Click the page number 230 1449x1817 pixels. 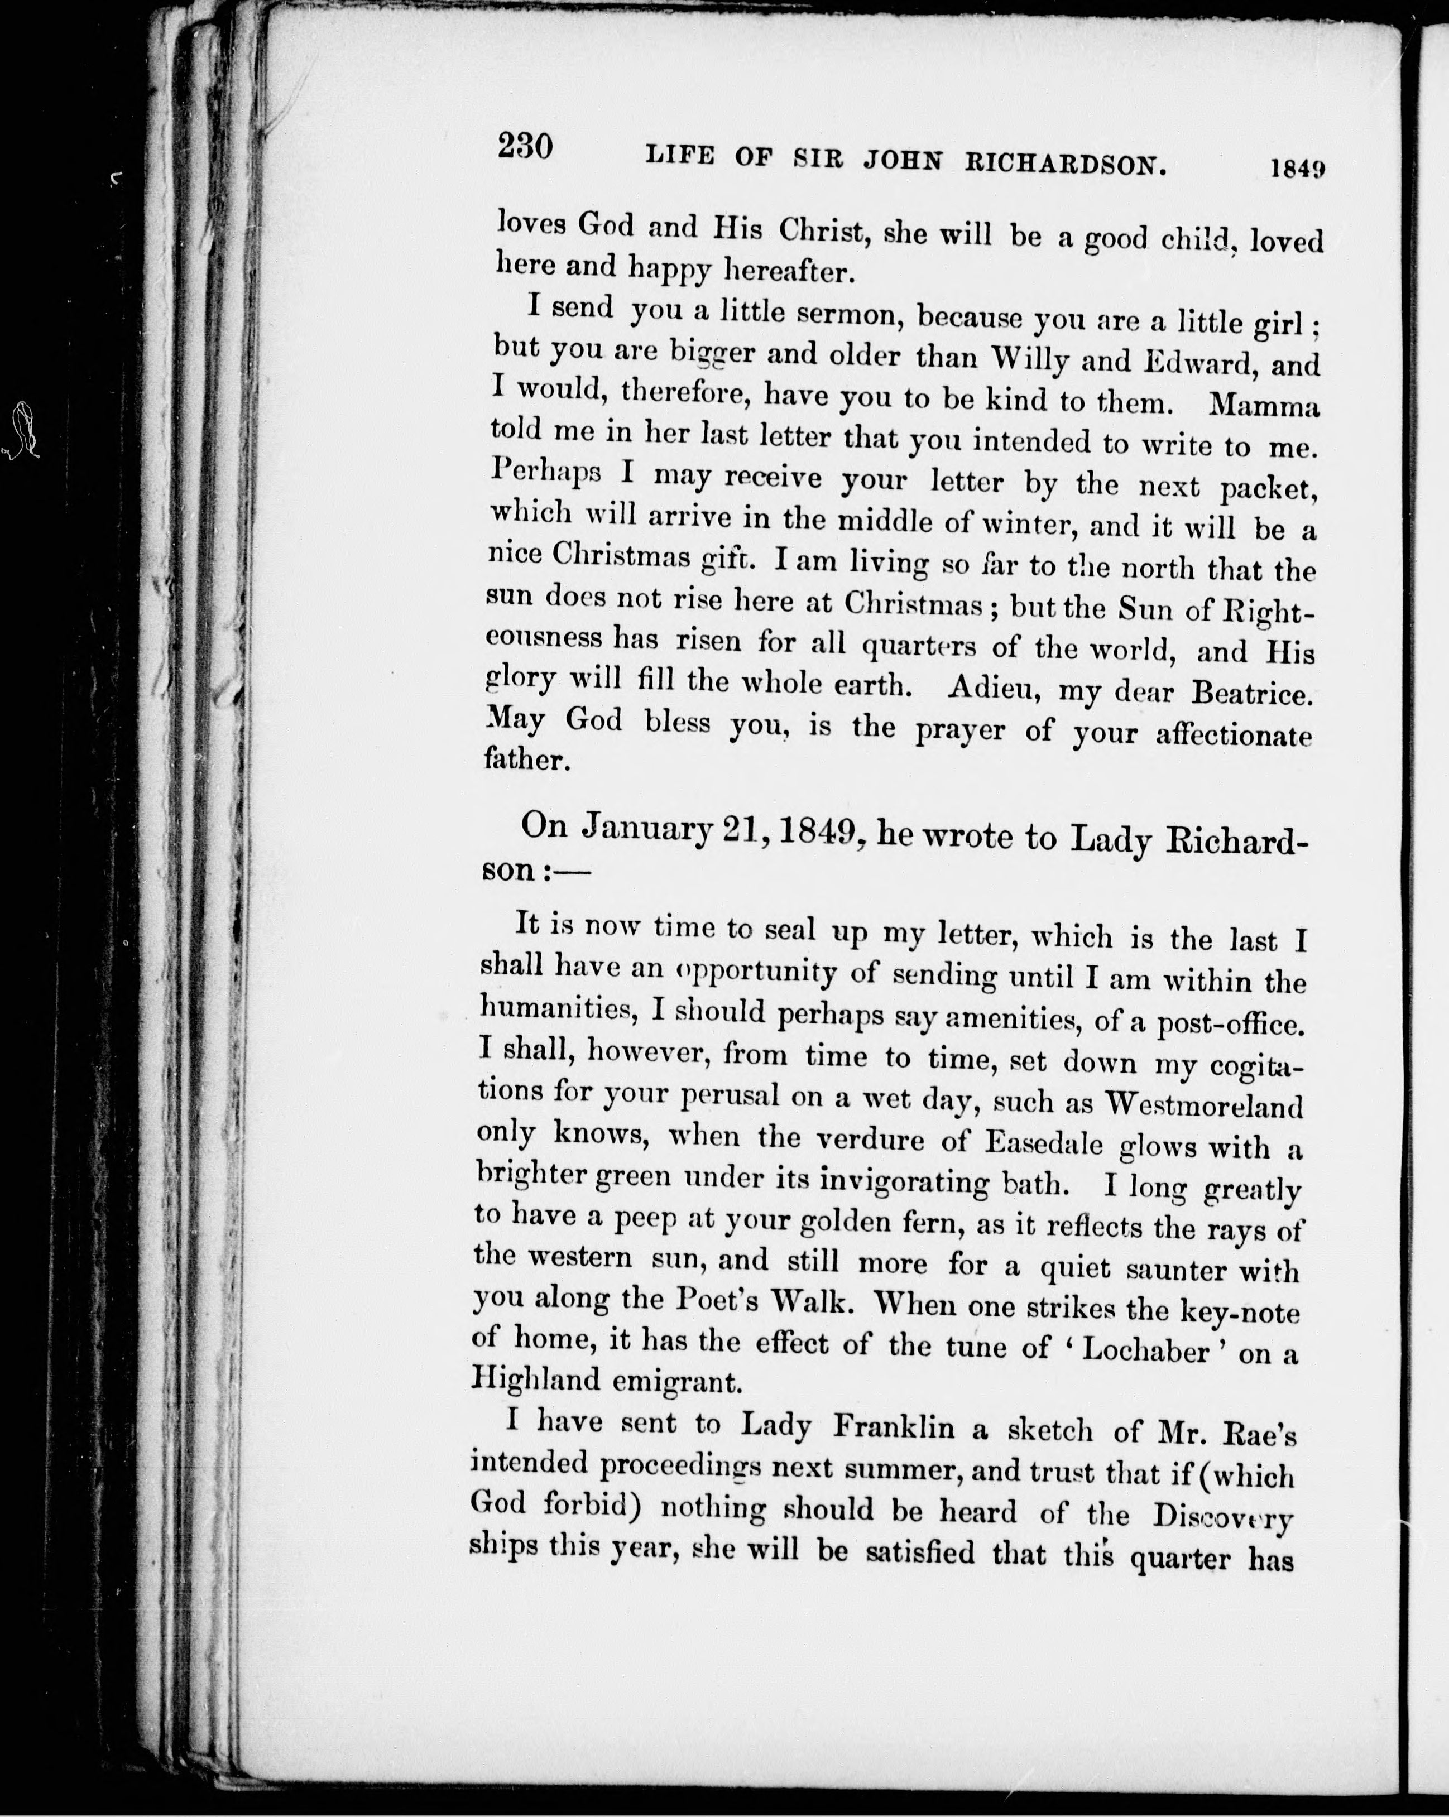(524, 147)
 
